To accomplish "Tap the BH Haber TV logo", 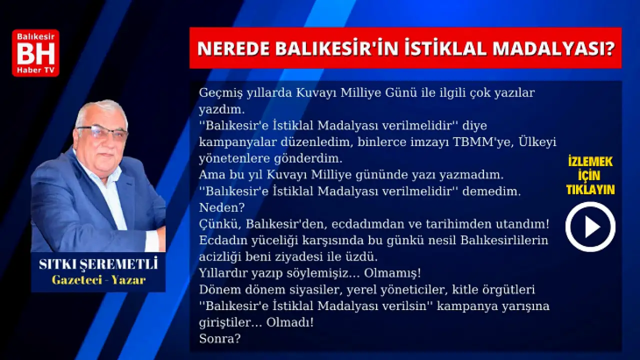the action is click(35, 53).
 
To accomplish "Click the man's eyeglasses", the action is click(102, 132).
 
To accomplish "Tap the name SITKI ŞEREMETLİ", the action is click(98, 264).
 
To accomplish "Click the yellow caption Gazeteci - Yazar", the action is click(98, 280).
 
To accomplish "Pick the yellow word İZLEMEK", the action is click(590, 162).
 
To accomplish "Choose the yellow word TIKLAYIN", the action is click(590, 189).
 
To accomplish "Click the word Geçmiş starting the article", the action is click(220, 93).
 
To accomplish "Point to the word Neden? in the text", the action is click(221, 207).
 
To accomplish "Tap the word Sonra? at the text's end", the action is click(219, 339).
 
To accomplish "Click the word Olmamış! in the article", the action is click(392, 273).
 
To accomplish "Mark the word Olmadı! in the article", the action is click(290, 322).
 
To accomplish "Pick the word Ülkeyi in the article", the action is click(537, 142).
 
